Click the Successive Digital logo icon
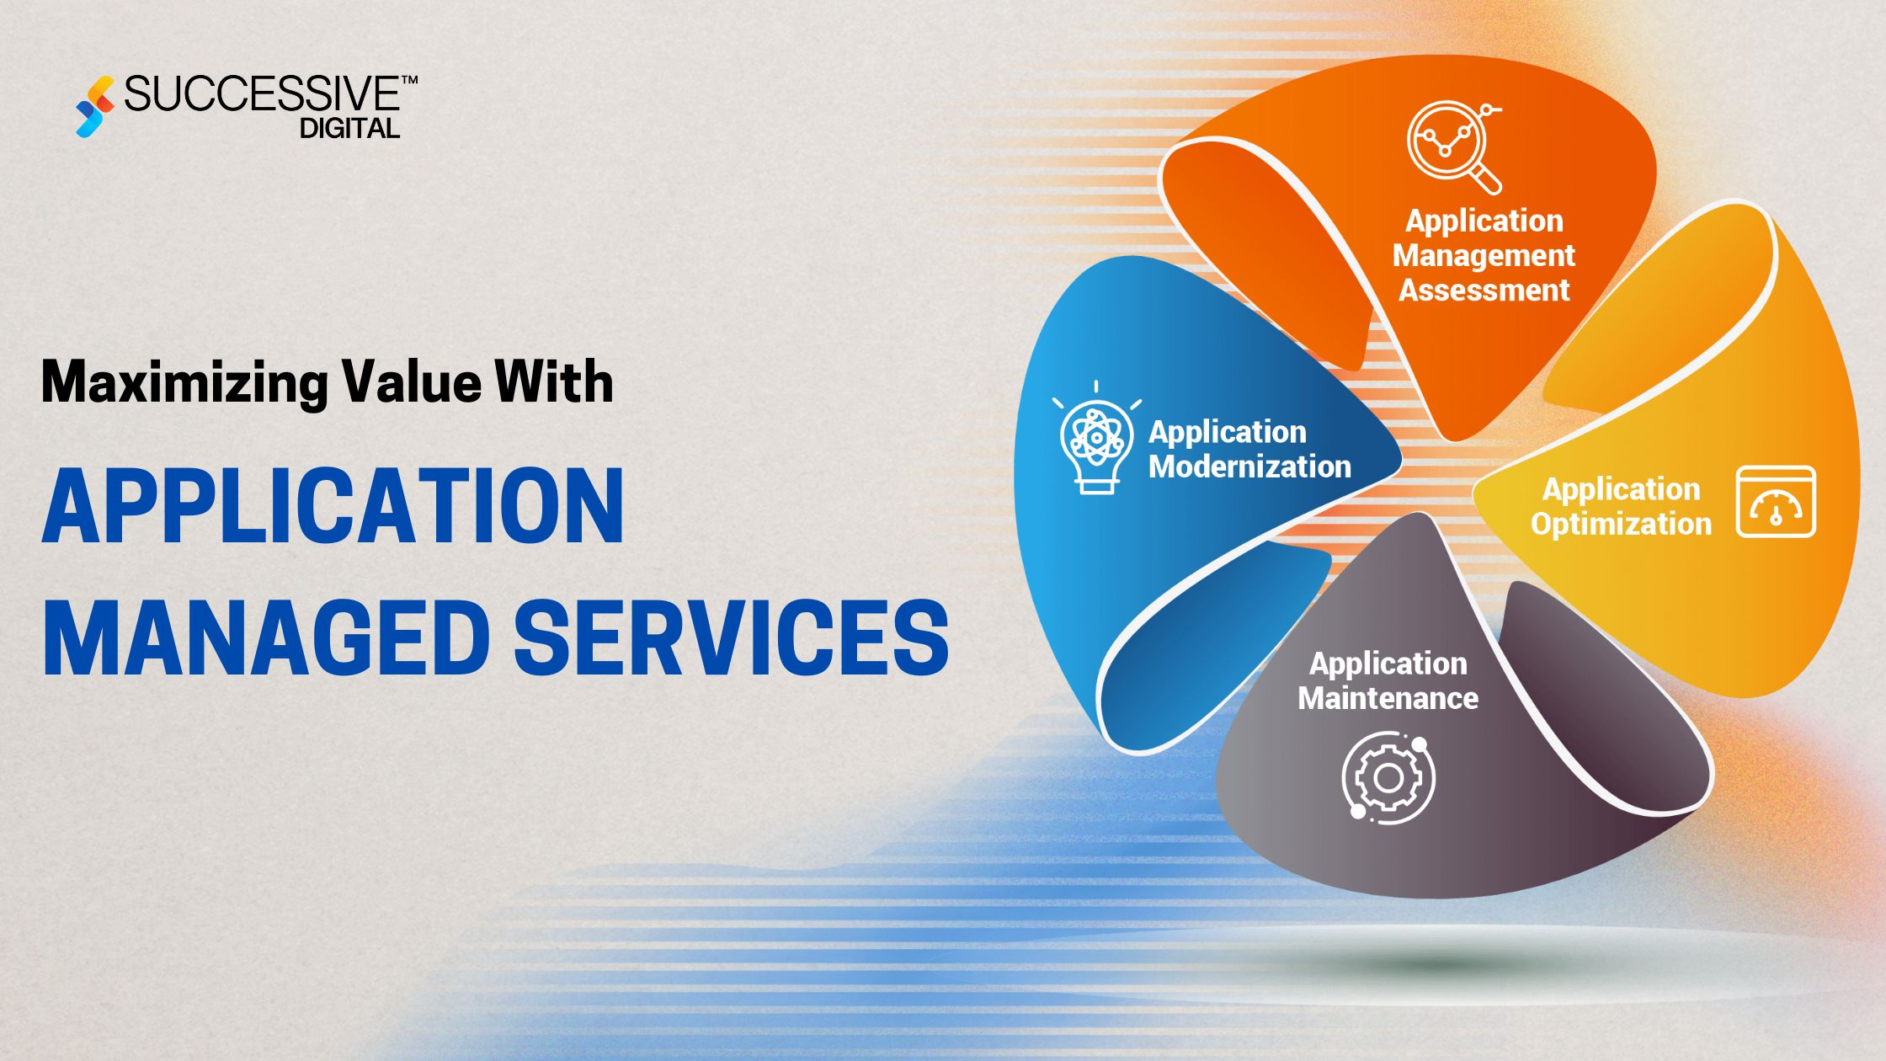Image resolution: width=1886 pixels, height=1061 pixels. [x=94, y=107]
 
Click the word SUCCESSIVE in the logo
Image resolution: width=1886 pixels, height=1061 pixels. [x=262, y=94]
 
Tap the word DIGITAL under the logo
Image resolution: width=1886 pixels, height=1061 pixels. [x=349, y=129]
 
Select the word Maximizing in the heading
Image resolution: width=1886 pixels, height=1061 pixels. [x=184, y=383]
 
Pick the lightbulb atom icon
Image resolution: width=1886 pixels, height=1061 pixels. [x=1095, y=438]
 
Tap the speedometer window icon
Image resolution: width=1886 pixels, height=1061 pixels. [x=1776, y=502]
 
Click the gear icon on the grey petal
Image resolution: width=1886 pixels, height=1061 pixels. [x=1388, y=777]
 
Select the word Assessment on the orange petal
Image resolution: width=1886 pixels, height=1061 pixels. [x=1484, y=291]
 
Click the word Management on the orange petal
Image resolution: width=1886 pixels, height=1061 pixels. [x=1484, y=255]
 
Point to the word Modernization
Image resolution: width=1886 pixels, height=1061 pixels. [x=1249, y=467]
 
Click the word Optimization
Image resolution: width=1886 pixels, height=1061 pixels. [x=1621, y=524]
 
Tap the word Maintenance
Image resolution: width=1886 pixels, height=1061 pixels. [x=1388, y=698]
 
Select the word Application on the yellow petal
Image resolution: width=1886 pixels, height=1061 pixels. [x=1621, y=489]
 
